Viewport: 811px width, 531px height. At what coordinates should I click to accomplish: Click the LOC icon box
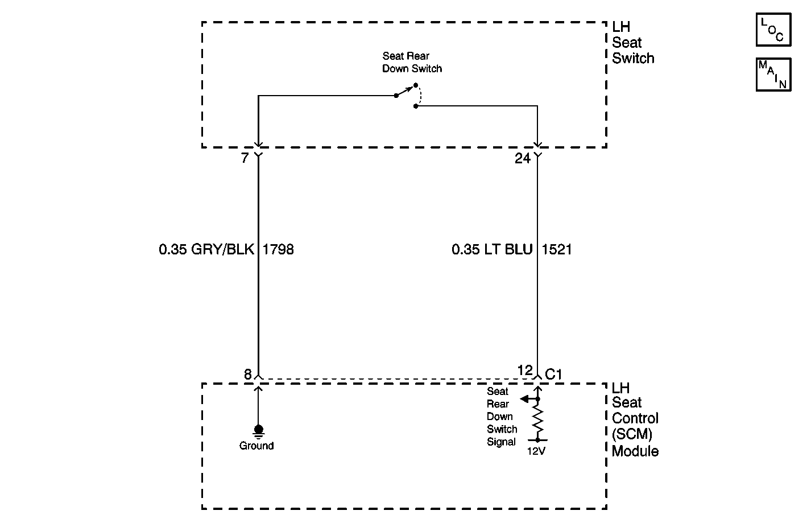[x=773, y=30]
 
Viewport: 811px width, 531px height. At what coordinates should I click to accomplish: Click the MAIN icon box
[x=773, y=74]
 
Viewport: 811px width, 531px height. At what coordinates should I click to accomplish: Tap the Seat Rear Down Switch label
[x=412, y=62]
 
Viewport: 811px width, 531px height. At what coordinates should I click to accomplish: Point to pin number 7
[x=245, y=158]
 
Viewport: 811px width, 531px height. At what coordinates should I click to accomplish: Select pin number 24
[x=522, y=158]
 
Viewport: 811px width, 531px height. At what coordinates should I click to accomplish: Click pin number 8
[x=247, y=374]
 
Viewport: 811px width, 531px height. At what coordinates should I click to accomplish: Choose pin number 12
[x=524, y=371]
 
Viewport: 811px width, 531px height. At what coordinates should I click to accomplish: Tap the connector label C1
[x=553, y=374]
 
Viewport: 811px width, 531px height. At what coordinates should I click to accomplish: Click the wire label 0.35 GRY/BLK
[x=206, y=249]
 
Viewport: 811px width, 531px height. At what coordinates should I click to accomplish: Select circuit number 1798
[x=278, y=249]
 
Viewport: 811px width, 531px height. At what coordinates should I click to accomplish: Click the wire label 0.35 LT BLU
[x=492, y=249]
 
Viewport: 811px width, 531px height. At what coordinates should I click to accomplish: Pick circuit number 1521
[x=557, y=249]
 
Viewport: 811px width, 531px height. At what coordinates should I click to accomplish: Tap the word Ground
[x=256, y=446]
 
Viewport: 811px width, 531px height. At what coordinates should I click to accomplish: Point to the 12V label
[x=536, y=451]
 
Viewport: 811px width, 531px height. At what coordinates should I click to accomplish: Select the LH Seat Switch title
[x=632, y=43]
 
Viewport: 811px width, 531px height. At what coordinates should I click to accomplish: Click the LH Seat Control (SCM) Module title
[x=635, y=419]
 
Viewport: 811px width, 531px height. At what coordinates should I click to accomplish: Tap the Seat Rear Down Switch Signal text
[x=502, y=417]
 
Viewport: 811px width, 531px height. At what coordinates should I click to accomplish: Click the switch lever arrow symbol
[x=406, y=91]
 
